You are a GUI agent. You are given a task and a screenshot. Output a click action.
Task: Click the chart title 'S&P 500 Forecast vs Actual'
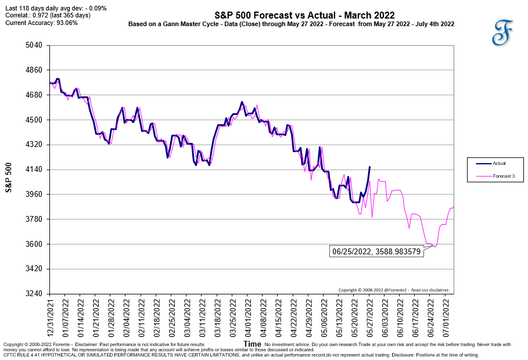click(304, 15)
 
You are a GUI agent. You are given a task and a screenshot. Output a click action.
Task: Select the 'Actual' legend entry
click(499, 163)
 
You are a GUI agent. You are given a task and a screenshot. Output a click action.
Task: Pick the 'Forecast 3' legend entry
click(503, 176)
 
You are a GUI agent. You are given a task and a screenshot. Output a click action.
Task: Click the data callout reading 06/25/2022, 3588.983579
click(376, 251)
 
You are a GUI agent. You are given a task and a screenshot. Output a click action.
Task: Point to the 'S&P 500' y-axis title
click(9, 177)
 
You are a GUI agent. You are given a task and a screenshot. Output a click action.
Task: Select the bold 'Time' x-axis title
click(253, 344)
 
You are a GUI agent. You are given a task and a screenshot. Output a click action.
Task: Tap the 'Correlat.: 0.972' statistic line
click(48, 15)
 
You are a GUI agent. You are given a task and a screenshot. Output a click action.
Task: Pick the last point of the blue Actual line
click(369, 167)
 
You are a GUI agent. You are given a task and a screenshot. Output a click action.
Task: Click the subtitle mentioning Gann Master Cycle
click(291, 24)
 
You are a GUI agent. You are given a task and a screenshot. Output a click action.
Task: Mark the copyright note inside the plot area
click(394, 290)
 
